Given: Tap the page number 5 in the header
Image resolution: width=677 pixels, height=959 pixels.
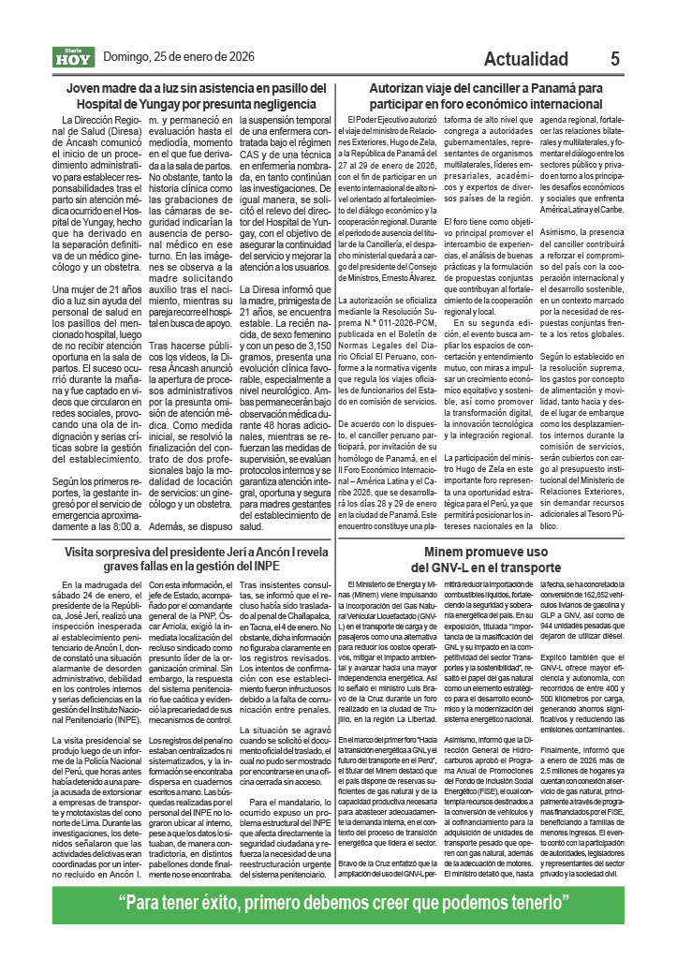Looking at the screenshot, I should (614, 58).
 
